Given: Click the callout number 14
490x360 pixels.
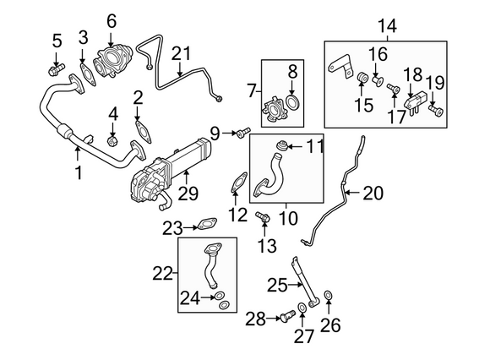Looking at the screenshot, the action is coord(387,25).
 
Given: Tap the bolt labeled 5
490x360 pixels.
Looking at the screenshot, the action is coord(57,70).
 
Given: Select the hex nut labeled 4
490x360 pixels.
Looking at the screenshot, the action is coord(112,142).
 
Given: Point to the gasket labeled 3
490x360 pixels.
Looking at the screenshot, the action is coord(87,75).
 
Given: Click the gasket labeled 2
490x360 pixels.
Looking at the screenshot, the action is coord(144,132).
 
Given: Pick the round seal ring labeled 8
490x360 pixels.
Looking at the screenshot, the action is coord(293,103).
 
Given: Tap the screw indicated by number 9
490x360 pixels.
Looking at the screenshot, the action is coord(243,133).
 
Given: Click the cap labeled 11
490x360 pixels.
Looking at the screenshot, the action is coord(282,145).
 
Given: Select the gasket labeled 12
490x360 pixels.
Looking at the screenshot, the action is coord(239,183).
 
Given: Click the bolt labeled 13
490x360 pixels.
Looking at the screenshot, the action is coord(263,216).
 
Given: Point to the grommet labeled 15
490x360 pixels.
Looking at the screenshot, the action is coord(362,77).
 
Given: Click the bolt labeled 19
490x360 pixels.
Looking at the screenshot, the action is coord(436,110).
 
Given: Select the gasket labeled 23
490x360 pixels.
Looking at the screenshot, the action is coord(207,224).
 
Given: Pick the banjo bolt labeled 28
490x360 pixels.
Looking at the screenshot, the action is coord(288,316).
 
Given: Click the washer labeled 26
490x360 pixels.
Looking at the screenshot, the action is coord(328,295).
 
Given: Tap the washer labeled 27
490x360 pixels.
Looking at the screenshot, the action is coord(302,308).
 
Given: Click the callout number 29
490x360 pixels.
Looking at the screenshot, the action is coord(188,194).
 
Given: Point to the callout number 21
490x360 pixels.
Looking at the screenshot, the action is coord(181,53).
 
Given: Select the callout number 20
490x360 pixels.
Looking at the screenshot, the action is coord(373,193).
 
